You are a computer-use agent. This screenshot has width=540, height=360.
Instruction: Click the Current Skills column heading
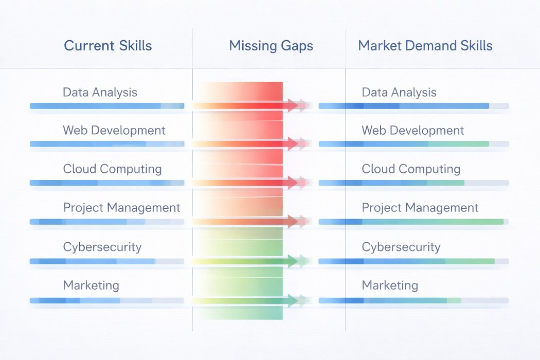[108, 46]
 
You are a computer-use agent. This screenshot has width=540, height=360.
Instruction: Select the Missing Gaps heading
[271, 46]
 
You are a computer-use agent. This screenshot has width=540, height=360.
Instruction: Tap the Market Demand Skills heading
[425, 46]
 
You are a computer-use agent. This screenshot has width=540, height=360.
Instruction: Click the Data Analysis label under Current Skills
[100, 93]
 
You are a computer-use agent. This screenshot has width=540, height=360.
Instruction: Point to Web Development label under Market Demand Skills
[413, 131]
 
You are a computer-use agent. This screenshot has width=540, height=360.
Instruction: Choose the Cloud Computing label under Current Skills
[112, 169]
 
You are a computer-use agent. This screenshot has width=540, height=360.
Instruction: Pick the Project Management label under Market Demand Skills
[420, 208]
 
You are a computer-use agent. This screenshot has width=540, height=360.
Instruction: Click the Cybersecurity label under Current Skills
[102, 247]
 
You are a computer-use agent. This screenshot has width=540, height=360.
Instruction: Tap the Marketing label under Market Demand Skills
[390, 285]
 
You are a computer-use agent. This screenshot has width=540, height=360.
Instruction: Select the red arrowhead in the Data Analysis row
[294, 105]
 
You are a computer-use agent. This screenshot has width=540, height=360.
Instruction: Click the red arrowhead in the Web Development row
[294, 144]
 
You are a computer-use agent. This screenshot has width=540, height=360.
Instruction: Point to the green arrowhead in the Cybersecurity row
[294, 261]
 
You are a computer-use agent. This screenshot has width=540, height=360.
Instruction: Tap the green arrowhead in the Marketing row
[294, 300]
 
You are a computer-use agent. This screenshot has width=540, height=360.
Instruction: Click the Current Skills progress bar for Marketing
[106, 300]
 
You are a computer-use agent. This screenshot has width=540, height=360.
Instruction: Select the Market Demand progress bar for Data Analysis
[413, 106]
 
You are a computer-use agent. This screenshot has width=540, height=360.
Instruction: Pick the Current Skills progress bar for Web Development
[106, 144]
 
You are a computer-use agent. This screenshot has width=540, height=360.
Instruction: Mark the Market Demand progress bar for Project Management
[413, 222]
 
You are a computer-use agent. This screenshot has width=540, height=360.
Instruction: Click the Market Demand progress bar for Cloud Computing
[413, 183]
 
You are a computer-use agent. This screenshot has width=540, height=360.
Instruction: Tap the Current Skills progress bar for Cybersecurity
[106, 261]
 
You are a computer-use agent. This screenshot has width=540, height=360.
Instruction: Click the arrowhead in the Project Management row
[294, 222]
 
